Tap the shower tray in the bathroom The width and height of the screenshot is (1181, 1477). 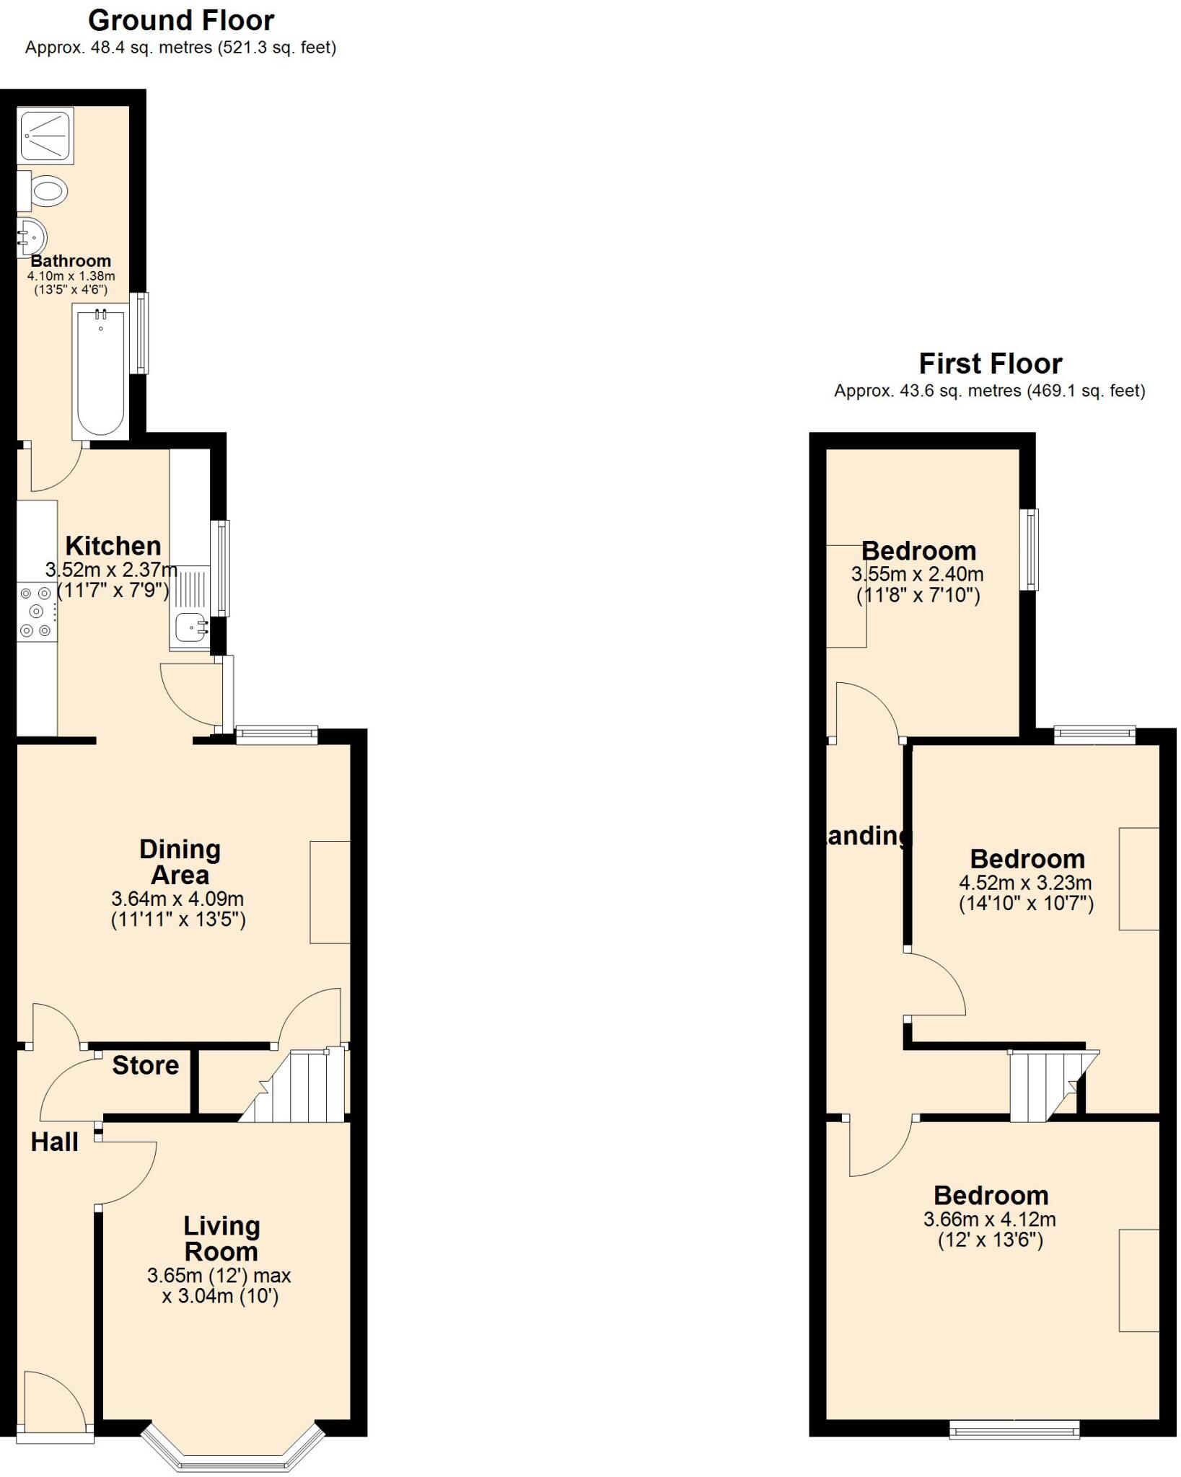pyautogui.click(x=45, y=135)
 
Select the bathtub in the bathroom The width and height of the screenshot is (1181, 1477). pyautogui.click(x=101, y=372)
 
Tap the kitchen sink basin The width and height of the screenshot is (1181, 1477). pyautogui.click(x=190, y=627)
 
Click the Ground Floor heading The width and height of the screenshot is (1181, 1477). pyautogui.click(x=181, y=20)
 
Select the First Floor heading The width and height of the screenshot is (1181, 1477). pyautogui.click(x=990, y=363)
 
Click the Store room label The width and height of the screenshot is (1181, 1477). pyautogui.click(x=146, y=1065)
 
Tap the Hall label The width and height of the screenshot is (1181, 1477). pyautogui.click(x=55, y=1142)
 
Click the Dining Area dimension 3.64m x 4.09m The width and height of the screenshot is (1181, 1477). pyautogui.click(x=177, y=899)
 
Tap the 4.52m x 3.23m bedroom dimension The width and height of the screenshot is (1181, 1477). pyautogui.click(x=1025, y=883)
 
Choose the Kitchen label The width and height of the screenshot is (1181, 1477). pyautogui.click(x=113, y=546)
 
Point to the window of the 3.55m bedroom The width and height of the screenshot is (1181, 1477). pyautogui.click(x=1033, y=550)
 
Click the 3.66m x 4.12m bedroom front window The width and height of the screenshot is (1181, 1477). pyautogui.click(x=1014, y=1430)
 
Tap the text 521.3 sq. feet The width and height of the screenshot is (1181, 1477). pyautogui.click(x=277, y=48)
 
